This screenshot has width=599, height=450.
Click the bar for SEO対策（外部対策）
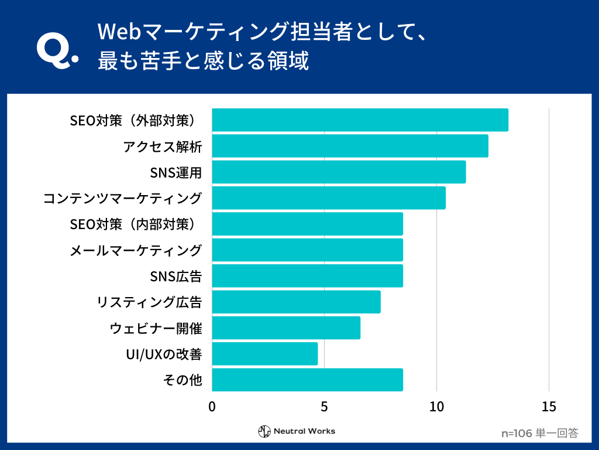[x=360, y=120]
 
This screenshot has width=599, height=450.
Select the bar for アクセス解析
[x=350, y=146]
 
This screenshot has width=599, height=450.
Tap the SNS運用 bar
[x=339, y=172]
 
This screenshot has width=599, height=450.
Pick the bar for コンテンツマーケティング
[x=329, y=198]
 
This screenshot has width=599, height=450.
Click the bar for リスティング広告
[x=296, y=302]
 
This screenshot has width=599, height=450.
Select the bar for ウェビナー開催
[x=286, y=328]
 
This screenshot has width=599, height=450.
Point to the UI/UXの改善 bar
[x=264, y=354]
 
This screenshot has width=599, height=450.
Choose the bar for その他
[x=307, y=380]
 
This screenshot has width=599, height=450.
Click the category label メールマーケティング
[x=136, y=250]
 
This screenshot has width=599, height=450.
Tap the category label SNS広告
[x=176, y=276]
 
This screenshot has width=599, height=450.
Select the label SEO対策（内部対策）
[x=136, y=224]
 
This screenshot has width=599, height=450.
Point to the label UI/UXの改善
[x=164, y=354]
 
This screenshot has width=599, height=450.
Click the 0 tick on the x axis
[x=212, y=407]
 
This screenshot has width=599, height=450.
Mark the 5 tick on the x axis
[x=324, y=407]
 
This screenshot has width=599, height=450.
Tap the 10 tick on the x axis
[x=436, y=407]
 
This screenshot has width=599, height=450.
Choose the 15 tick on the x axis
[x=549, y=407]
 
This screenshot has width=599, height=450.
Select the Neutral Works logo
[x=297, y=431]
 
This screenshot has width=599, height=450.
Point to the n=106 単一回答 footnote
[x=540, y=434]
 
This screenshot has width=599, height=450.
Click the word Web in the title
[x=116, y=31]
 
